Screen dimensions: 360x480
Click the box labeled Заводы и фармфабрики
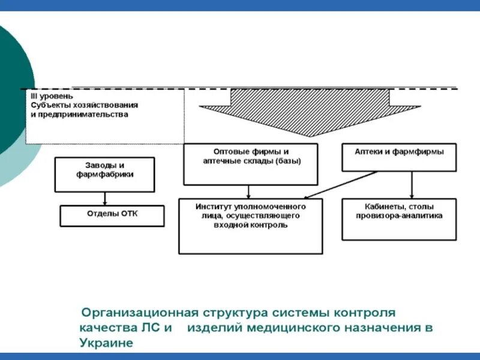pos(105,174)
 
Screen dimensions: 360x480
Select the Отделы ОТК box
pos(112,216)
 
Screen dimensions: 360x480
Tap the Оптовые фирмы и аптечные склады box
pos(250,164)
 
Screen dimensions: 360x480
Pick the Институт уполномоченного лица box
pos(250,226)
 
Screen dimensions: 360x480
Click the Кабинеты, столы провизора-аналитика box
pos(399,219)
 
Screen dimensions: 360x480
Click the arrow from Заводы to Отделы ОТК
pos(105,199)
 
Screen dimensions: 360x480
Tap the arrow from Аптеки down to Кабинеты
pos(412,185)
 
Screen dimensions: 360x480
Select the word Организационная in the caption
pos(138,313)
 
